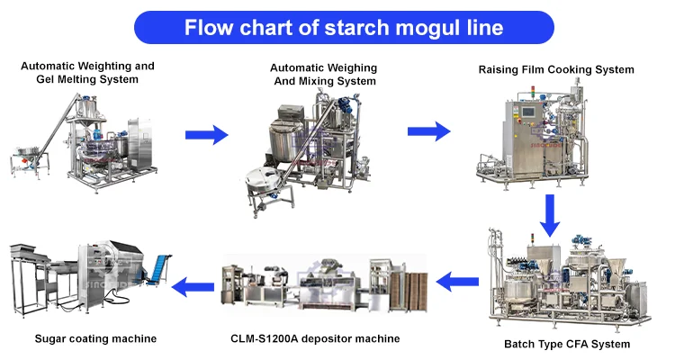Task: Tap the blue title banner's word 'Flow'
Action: (208, 27)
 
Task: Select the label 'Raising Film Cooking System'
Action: (556, 70)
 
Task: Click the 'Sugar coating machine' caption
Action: (95, 339)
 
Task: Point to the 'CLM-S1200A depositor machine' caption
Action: (315, 339)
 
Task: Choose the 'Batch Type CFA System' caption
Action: (567, 344)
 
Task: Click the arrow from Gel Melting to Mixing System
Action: (207, 135)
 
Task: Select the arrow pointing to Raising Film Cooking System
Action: (428, 131)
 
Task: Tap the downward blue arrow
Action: (550, 216)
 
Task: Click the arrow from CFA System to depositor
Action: (457, 282)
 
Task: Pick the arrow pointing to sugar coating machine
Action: (193, 286)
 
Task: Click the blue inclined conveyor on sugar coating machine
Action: (157, 270)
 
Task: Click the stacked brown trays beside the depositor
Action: (409, 292)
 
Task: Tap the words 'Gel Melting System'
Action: (87, 80)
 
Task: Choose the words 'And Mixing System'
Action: (325, 81)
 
